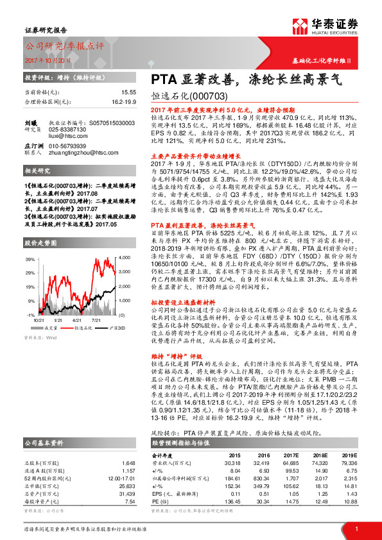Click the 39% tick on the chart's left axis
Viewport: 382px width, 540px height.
point(30,259)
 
